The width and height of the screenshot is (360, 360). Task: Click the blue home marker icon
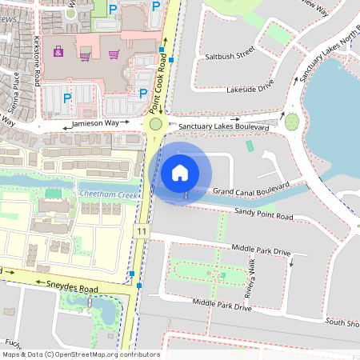click(x=180, y=172)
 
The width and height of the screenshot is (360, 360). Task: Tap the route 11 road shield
click(x=141, y=230)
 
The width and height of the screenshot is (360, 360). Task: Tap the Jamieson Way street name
click(x=100, y=125)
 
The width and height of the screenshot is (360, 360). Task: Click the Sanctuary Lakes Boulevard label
click(x=224, y=126)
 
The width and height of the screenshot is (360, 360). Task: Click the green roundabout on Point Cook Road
click(x=155, y=124)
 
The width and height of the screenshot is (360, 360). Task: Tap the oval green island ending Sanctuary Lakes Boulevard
click(x=291, y=122)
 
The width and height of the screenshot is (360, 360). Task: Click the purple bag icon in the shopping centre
click(x=58, y=52)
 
